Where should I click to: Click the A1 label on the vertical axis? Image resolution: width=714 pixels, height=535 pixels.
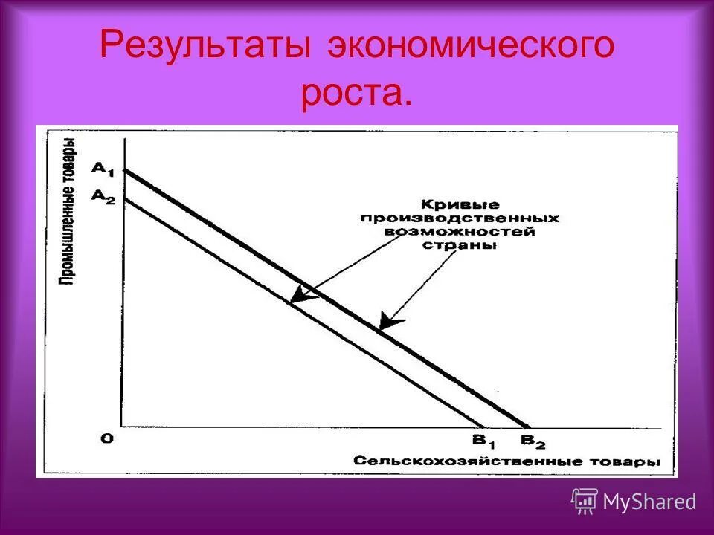(x=102, y=168)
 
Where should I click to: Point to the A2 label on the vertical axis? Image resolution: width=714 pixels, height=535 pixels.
(x=102, y=195)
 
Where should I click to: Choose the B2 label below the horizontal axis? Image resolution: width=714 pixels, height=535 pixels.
(x=532, y=441)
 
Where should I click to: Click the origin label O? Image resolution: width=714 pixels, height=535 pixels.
(x=108, y=438)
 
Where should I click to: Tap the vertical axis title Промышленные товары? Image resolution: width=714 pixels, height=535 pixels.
(x=67, y=211)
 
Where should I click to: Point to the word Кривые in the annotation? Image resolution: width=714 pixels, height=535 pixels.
(x=460, y=204)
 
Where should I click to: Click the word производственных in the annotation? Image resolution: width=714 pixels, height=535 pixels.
(x=460, y=218)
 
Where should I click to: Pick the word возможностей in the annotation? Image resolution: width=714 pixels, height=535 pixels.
(x=460, y=232)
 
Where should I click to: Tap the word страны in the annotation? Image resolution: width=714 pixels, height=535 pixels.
(x=460, y=245)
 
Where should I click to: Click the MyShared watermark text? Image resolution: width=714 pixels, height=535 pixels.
(x=649, y=502)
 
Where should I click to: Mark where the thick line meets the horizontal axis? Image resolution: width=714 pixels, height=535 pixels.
(x=528, y=427)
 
